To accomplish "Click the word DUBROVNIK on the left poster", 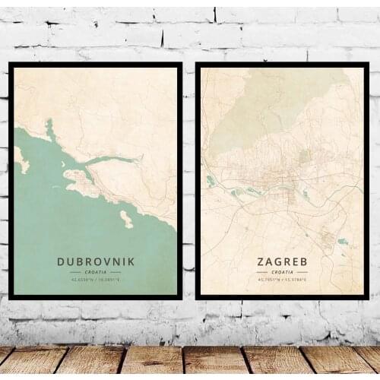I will pyautogui.click(x=96, y=261).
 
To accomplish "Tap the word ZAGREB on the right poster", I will pyautogui.click(x=282, y=262).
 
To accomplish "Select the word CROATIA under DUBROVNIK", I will pyautogui.click(x=96, y=271).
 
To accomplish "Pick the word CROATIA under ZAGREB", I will pyautogui.click(x=282, y=271).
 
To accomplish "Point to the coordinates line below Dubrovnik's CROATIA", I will pyautogui.click(x=96, y=280).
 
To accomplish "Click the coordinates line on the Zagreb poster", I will pyautogui.click(x=282, y=280).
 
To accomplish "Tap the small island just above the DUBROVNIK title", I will pyautogui.click(x=126, y=219).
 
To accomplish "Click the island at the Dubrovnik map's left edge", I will pyautogui.click(x=20, y=159).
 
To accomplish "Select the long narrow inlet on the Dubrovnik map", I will pyautogui.click(x=114, y=160).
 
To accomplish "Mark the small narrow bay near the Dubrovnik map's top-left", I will pyautogui.click(x=50, y=129).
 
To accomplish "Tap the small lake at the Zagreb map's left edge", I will pyautogui.click(x=211, y=181).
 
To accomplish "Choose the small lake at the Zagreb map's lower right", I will pyautogui.click(x=343, y=242).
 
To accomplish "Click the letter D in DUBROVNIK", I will pyautogui.click(x=61, y=261).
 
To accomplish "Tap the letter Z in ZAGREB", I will pyautogui.click(x=260, y=262).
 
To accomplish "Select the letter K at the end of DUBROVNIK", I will pyautogui.click(x=131, y=261).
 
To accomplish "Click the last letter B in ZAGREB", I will pyautogui.click(x=304, y=262).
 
